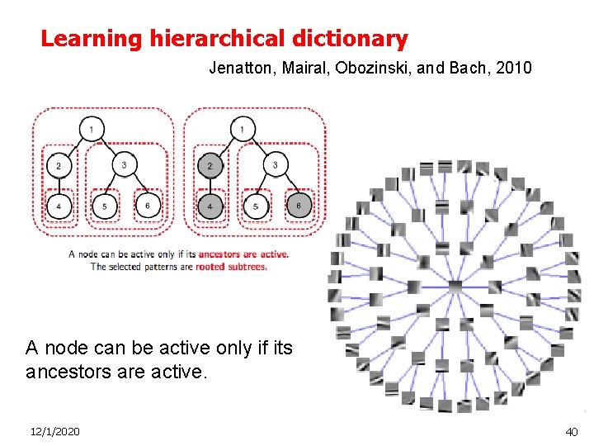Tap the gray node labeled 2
pyautogui.click(x=210, y=166)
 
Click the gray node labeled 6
pyautogui.click(x=299, y=206)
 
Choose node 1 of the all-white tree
pyautogui.click(x=91, y=129)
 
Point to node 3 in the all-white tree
pyautogui.click(x=124, y=166)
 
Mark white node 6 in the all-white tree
pyautogui.click(x=147, y=206)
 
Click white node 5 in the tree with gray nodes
pyautogui.click(x=256, y=206)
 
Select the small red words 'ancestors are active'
pyautogui.click(x=243, y=254)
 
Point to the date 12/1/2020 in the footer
pyautogui.click(x=55, y=431)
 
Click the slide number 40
pyautogui.click(x=571, y=431)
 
